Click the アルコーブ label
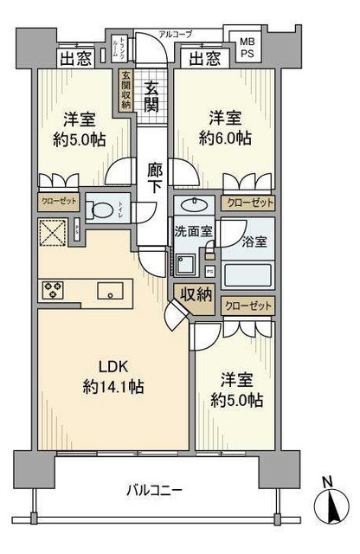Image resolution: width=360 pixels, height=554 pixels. [176, 34]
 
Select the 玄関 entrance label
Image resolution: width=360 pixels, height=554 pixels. [152, 94]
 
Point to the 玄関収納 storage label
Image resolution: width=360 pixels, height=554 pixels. [126, 87]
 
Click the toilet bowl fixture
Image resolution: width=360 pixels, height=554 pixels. [103, 210]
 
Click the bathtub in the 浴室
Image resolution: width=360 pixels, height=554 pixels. [247, 275]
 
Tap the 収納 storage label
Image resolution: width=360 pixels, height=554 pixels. [195, 295]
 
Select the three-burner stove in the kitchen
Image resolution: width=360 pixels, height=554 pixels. [53, 288]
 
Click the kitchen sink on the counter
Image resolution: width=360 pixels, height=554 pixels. [110, 289]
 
